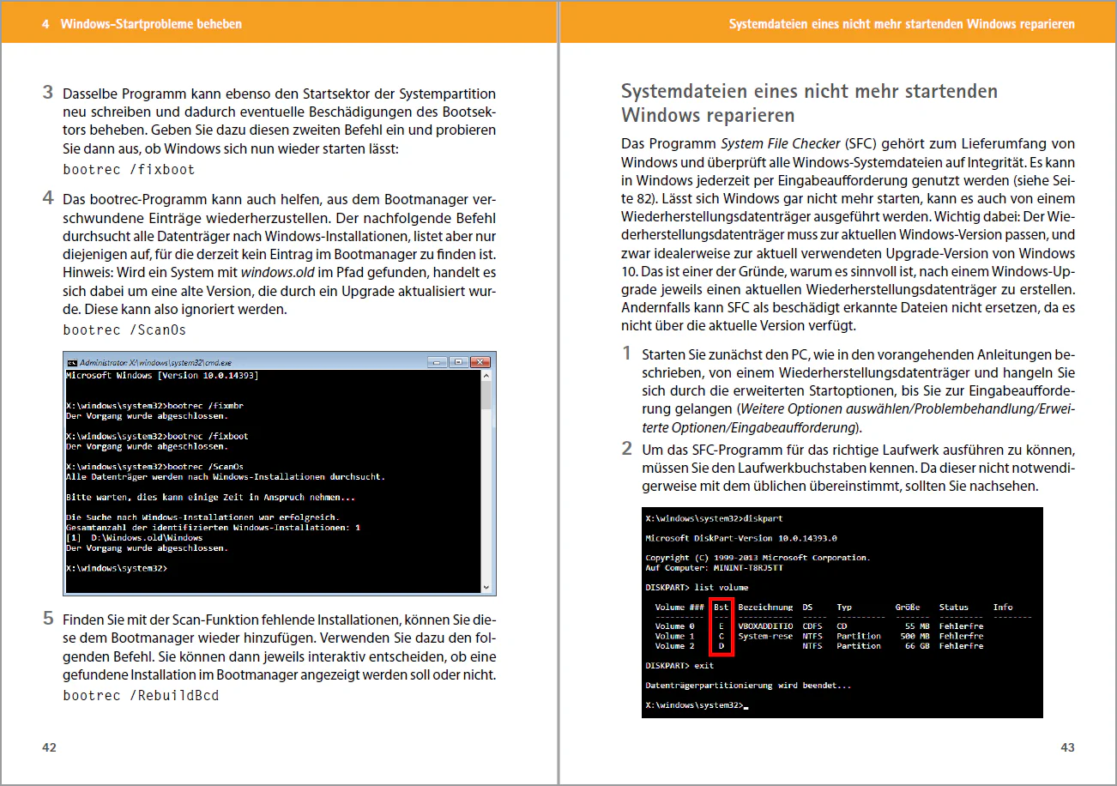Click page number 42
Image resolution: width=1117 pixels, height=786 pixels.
pos(50,747)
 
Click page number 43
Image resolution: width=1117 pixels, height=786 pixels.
pos(1067,747)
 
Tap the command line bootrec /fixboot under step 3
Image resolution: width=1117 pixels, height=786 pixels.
pos(130,170)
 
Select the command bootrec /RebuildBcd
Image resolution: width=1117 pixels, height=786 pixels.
pos(141,695)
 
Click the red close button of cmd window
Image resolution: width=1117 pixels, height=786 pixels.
pos(480,362)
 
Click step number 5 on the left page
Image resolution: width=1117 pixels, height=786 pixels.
pos(49,619)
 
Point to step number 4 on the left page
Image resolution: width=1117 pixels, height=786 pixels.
pos(49,199)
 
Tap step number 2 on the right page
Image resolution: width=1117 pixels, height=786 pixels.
pos(626,449)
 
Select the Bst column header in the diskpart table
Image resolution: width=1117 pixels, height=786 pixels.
pos(721,607)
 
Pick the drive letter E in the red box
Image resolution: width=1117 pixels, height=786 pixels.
pos(721,626)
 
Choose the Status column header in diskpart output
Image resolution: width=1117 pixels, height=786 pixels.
pos(953,607)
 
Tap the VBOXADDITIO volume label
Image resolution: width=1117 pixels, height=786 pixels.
pos(765,626)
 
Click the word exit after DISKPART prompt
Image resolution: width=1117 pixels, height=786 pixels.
pos(703,665)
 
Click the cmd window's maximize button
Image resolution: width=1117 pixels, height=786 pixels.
pos(458,362)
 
